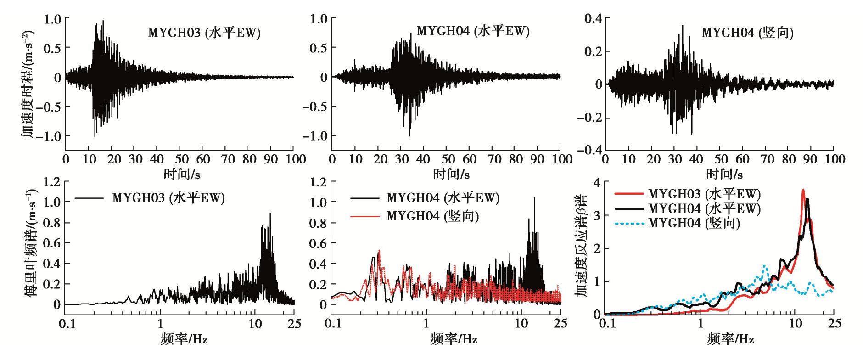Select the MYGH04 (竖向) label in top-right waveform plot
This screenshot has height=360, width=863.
click(748, 33)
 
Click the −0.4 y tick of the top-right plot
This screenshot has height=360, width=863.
click(589, 151)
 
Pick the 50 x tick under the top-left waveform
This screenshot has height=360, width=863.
click(179, 159)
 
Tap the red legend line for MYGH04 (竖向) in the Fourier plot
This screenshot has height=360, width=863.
click(365, 216)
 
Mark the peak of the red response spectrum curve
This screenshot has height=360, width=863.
click(803, 190)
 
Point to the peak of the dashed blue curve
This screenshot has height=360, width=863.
click(764, 265)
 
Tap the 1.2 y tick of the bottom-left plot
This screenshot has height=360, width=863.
click(52, 182)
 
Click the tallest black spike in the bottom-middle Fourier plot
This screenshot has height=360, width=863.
click(534, 198)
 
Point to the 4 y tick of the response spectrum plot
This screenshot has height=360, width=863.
click(597, 182)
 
